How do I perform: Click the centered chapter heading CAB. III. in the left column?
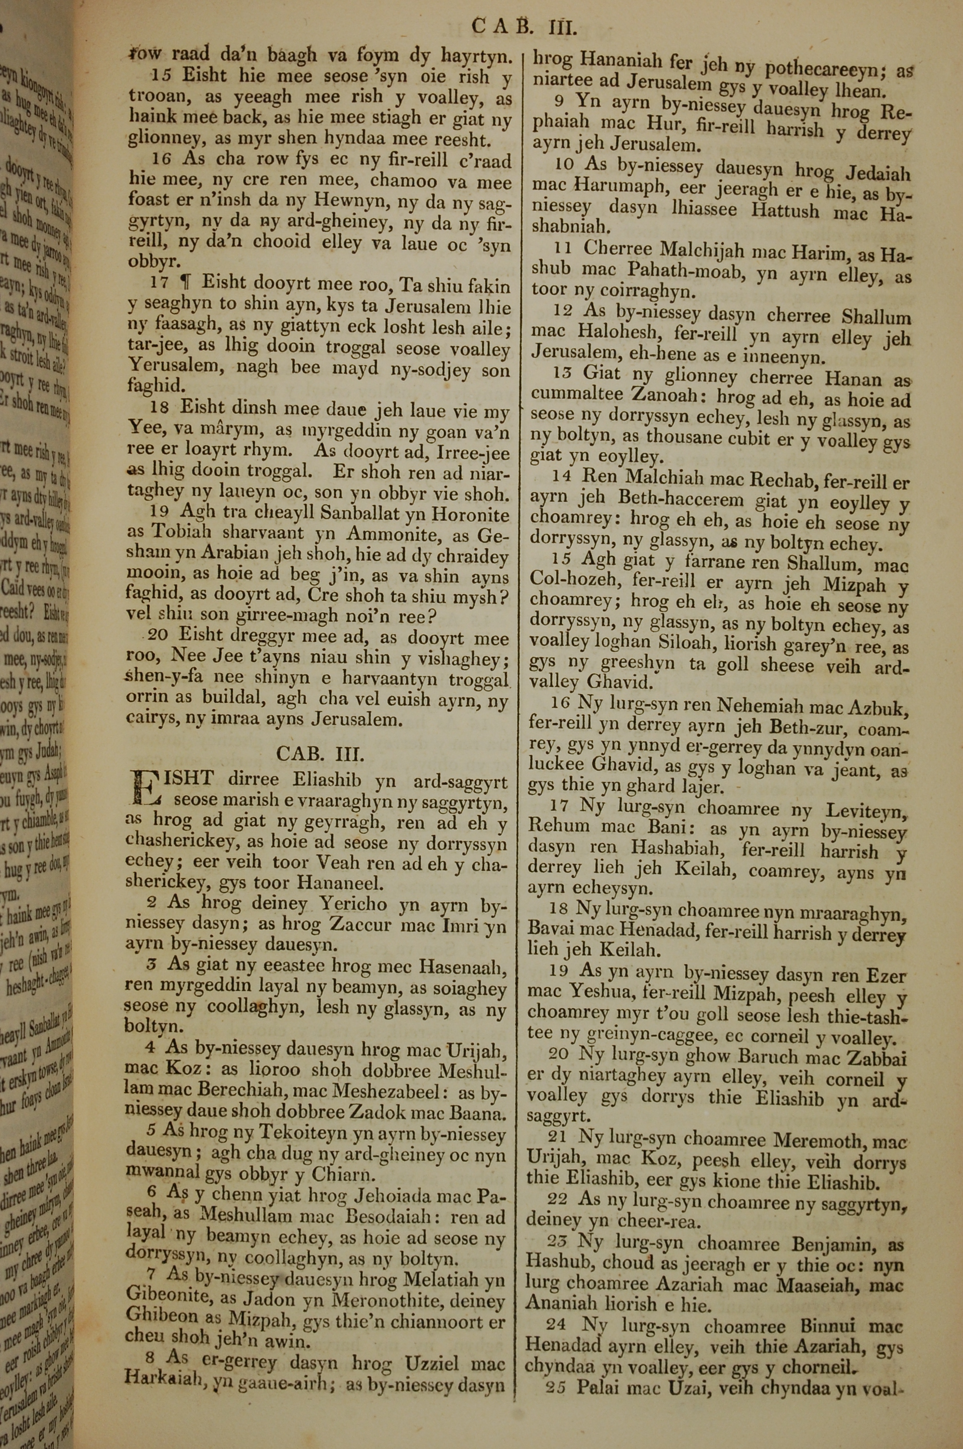[x=320, y=754]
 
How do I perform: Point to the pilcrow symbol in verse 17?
[x=184, y=283]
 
